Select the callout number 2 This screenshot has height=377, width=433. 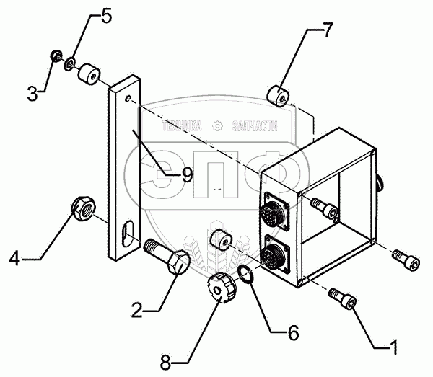pyautogui.click(x=138, y=312)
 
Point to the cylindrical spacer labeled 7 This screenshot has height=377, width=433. pyautogui.click(x=278, y=93)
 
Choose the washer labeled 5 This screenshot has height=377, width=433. pyautogui.click(x=67, y=63)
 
